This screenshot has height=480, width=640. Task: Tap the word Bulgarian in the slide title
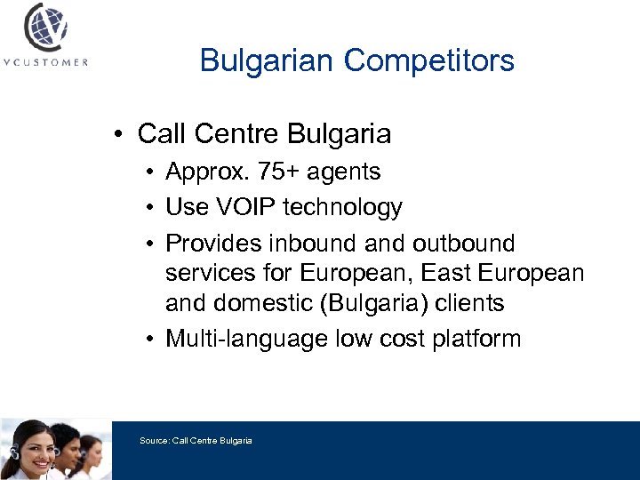[x=268, y=60]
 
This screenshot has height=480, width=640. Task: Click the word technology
[x=342, y=207]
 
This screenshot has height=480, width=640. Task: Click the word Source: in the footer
[x=155, y=440]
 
